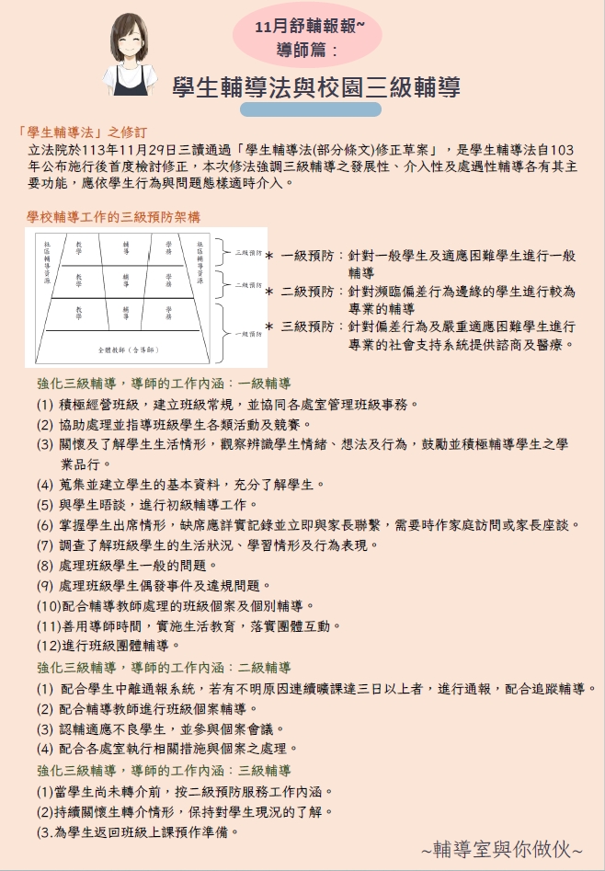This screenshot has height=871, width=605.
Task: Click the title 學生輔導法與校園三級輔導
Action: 316,87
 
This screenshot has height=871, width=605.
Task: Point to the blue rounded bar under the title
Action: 310,109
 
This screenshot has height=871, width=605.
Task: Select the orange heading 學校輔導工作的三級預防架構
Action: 114,216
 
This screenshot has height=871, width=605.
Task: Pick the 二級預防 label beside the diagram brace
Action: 249,285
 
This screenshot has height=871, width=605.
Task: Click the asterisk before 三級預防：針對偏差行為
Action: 268,327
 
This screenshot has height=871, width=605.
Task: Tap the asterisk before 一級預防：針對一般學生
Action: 268,257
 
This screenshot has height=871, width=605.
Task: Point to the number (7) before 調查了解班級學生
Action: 45,544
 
